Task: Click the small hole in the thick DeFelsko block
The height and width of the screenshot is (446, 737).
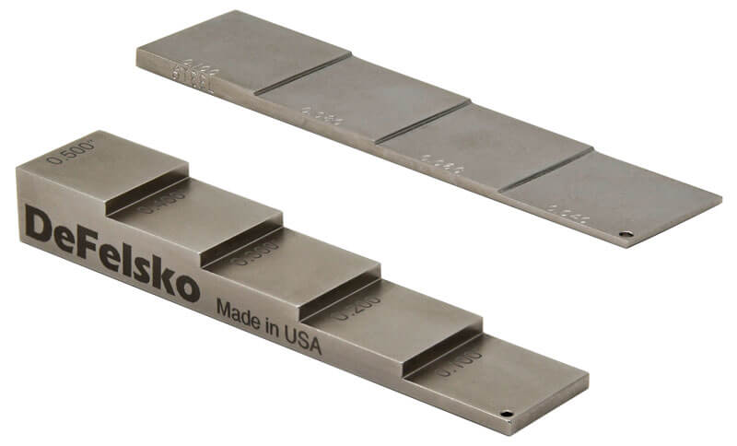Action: coord(506,414)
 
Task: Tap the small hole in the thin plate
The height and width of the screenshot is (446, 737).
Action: coord(626,234)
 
